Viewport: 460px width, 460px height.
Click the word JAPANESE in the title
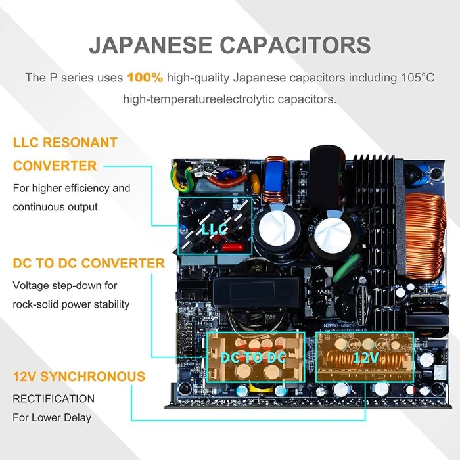click(x=150, y=45)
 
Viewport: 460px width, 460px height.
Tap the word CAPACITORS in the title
click(x=296, y=45)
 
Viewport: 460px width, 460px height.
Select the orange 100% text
click(x=145, y=78)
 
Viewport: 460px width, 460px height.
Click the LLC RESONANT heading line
click(x=65, y=143)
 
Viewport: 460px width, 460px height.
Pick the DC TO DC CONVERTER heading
click(x=89, y=263)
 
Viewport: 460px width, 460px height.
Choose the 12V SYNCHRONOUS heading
click(x=79, y=377)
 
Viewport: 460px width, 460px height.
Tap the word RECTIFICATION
click(x=54, y=399)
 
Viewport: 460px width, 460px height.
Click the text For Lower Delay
click(x=52, y=417)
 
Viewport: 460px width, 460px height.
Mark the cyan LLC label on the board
click(x=214, y=229)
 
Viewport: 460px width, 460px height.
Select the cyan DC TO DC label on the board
click(x=253, y=357)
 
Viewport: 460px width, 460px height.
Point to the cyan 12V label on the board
click(x=366, y=357)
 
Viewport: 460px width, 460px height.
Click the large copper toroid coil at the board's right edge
click(x=425, y=235)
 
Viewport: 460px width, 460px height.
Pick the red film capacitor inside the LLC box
click(x=233, y=246)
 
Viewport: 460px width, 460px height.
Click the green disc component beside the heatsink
click(x=346, y=267)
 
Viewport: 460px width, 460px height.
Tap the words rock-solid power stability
click(x=71, y=304)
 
